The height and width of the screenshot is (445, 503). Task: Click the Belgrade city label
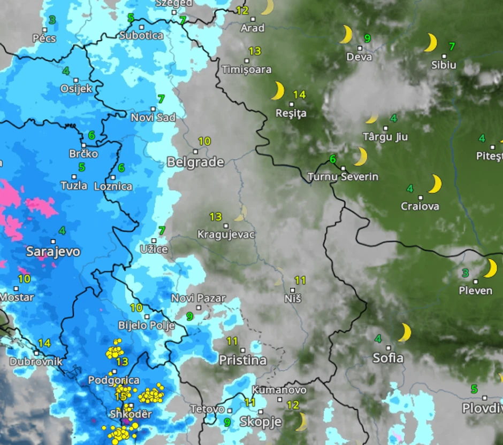click(x=195, y=162)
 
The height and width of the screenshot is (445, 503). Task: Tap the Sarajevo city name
click(x=53, y=252)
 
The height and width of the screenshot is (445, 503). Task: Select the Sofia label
click(x=388, y=358)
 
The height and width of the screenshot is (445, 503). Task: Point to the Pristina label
click(x=242, y=361)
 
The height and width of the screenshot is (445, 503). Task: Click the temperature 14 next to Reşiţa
click(x=299, y=95)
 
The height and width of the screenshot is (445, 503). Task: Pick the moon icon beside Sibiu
click(x=431, y=43)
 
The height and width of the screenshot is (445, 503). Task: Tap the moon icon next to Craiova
click(x=435, y=184)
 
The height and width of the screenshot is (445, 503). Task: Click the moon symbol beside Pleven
click(x=490, y=268)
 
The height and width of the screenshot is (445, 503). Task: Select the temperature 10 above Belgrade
click(x=204, y=142)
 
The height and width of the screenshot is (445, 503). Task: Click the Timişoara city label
click(x=247, y=70)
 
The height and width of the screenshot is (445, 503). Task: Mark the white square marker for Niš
click(x=292, y=290)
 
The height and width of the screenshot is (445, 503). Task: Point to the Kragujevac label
click(x=226, y=235)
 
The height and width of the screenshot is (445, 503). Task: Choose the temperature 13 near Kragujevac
click(x=216, y=216)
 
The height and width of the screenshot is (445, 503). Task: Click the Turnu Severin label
click(x=343, y=177)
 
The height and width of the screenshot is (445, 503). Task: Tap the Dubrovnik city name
click(x=36, y=362)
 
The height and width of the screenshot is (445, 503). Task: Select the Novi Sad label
click(x=153, y=118)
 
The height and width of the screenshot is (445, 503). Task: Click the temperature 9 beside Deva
click(x=367, y=38)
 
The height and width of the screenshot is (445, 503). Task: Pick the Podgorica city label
click(x=113, y=380)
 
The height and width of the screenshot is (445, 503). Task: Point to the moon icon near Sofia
click(x=405, y=332)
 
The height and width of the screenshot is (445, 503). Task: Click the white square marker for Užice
click(x=154, y=241)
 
